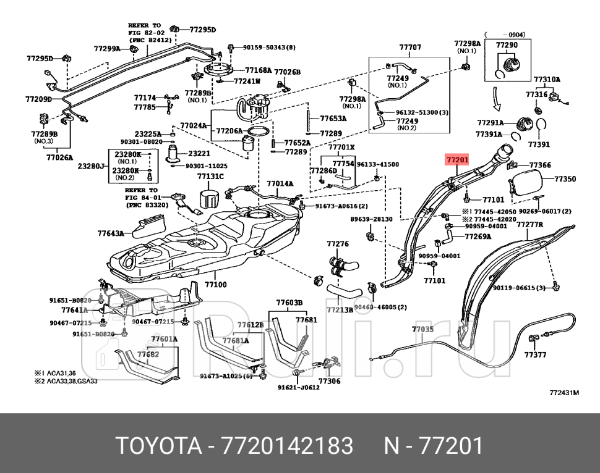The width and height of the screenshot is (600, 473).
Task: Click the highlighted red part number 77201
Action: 458,159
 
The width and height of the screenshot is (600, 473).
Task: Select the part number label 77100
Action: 215,285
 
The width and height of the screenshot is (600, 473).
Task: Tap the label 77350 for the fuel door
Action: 565,179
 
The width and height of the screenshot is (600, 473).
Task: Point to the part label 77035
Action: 423,329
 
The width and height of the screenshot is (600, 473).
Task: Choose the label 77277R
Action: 529,225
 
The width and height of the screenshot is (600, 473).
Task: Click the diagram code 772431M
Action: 564,392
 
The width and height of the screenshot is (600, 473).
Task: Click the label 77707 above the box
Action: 409,47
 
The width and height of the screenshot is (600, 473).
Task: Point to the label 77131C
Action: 210,177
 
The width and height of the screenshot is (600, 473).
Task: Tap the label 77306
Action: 329,381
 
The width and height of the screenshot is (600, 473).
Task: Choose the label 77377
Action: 535,354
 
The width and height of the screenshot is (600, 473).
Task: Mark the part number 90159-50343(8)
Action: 269,47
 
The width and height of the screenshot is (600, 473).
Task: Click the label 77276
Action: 338,244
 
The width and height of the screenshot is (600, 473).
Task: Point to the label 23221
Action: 199,153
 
